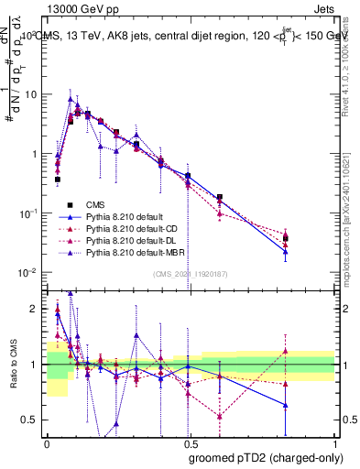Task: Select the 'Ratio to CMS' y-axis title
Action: [12, 364]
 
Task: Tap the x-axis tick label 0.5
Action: [190, 443]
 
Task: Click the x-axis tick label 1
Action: [334, 443]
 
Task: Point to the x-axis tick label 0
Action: [46, 443]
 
